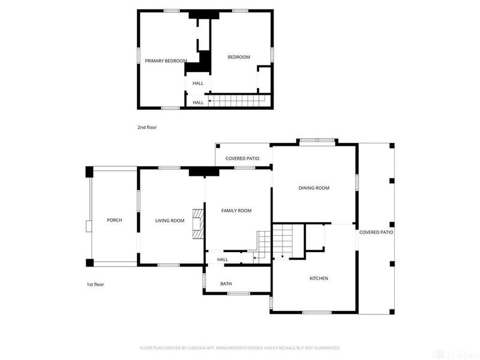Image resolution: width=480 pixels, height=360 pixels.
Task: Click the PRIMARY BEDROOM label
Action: [x=166, y=61]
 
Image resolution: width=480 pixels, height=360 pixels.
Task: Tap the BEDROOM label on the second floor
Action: [x=238, y=57]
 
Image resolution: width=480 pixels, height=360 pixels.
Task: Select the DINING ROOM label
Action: [x=314, y=188]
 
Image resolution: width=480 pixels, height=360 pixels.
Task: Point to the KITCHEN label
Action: [x=318, y=278]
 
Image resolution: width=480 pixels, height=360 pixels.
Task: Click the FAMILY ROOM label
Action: [x=236, y=211]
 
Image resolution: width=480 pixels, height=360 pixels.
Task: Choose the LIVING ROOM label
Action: [x=170, y=221]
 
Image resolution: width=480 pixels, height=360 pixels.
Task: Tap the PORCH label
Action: [x=114, y=220]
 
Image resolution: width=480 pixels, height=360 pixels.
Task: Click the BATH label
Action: [x=226, y=284]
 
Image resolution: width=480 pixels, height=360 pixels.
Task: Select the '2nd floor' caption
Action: [x=147, y=127]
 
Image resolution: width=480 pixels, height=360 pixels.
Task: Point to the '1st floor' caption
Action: [x=95, y=284]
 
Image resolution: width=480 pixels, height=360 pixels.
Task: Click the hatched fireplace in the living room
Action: [x=197, y=224]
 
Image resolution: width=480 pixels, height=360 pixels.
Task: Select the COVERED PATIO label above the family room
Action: [x=242, y=158]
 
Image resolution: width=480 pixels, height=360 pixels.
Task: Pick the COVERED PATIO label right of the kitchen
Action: [x=376, y=232]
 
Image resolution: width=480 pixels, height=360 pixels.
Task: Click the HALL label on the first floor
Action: [x=222, y=259]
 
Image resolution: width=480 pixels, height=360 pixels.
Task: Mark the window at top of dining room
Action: [x=317, y=142]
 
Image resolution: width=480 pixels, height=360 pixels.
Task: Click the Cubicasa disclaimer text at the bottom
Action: [x=240, y=347]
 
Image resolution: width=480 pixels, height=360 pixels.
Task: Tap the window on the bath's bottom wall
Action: [x=238, y=293]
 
